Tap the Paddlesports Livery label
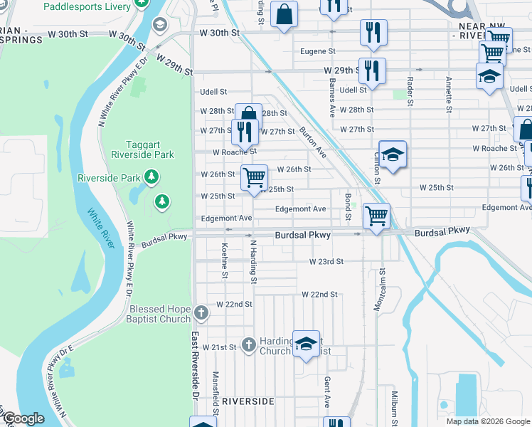coord(87,6)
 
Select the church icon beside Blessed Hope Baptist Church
coord(201,312)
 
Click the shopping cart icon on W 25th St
coord(254,177)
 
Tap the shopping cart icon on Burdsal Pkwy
coord(376,215)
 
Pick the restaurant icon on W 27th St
coord(243,131)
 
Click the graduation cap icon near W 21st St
coord(306,344)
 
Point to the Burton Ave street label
coord(313,142)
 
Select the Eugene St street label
coord(317,51)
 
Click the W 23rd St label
coord(326,262)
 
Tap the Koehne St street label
coord(225,261)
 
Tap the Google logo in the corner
coord(23,418)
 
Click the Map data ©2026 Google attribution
coord(487,421)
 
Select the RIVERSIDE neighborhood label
coord(248,401)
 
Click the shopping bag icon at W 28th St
coord(248,115)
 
